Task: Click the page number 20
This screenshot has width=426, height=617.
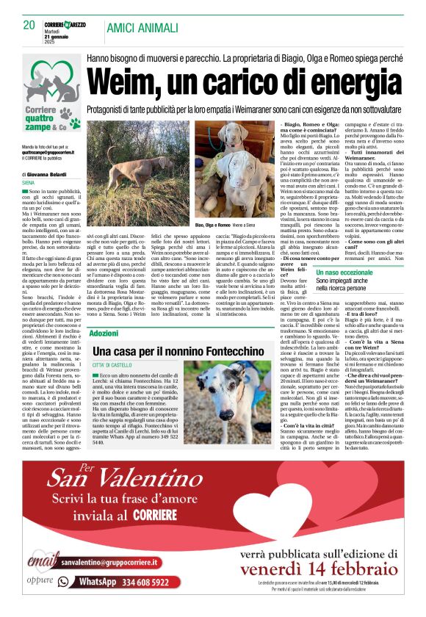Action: click(29, 25)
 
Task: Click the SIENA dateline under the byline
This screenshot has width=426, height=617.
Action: click(29, 183)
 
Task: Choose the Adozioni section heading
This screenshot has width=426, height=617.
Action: click(104, 333)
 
